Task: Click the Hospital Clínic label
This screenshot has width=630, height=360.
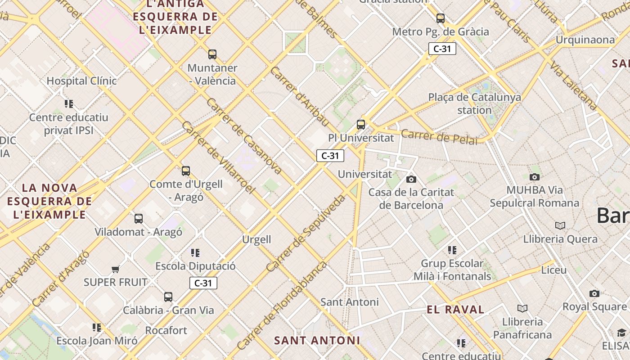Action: click(81, 81)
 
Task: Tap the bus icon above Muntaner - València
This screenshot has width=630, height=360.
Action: click(212, 54)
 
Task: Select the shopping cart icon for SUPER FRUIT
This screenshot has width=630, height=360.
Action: click(116, 269)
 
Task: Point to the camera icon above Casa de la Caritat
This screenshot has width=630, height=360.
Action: click(411, 179)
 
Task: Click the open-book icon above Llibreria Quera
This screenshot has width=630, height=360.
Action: click(560, 225)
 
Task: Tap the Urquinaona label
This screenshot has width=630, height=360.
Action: click(585, 40)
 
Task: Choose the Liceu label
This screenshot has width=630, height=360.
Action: click(553, 270)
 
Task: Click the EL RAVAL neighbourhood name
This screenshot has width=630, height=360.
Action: click(455, 310)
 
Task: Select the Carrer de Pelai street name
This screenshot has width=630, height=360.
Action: click(439, 137)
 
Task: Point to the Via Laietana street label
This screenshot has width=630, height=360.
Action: click(573, 86)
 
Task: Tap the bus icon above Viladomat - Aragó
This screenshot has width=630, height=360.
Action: click(139, 219)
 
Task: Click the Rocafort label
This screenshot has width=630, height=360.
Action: click(166, 330)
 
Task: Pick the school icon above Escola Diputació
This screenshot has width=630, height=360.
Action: click(195, 252)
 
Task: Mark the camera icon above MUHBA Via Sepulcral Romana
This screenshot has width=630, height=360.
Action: click(534, 177)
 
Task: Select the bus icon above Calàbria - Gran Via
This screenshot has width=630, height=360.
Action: click(168, 297)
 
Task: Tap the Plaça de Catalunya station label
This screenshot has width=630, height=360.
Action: click(474, 103)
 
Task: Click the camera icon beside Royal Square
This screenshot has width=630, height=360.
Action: click(594, 293)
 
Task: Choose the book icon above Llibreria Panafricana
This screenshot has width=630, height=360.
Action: click(522, 308)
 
